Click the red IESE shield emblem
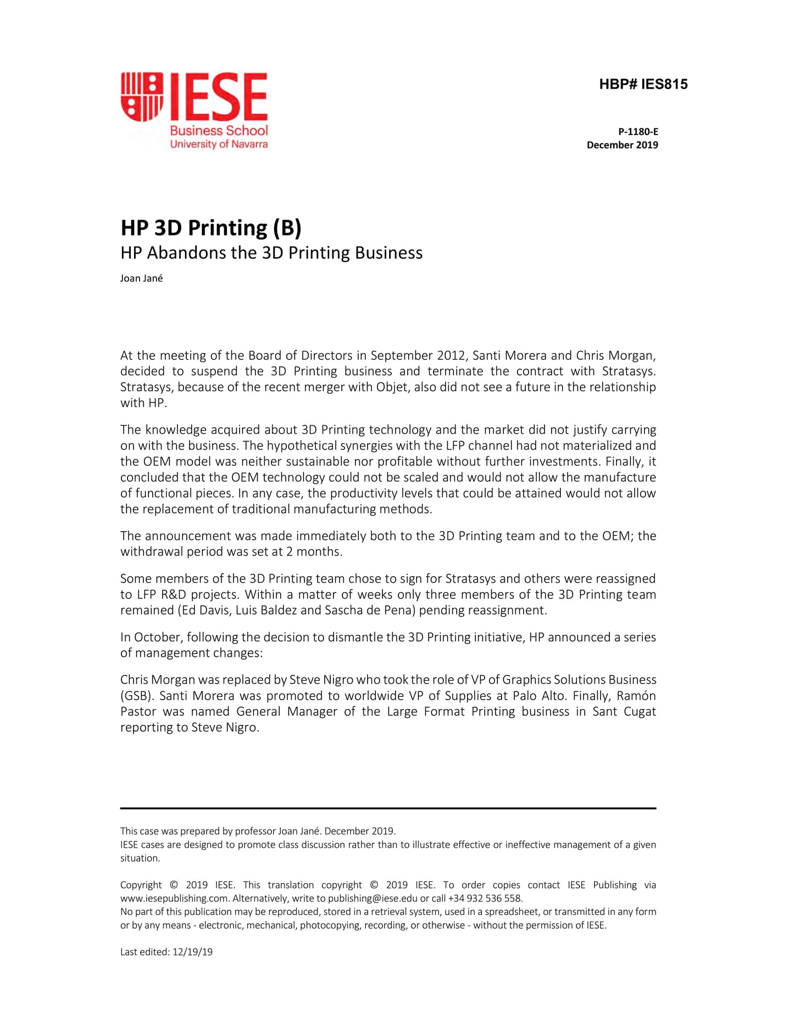[x=142, y=97]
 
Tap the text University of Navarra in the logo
[x=219, y=144]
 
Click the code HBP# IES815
[x=643, y=85]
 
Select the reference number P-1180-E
[x=638, y=132]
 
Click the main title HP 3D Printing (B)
[x=211, y=228]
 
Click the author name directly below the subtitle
[x=141, y=278]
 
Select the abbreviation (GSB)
[x=136, y=696]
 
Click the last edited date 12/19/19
[x=192, y=952]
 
